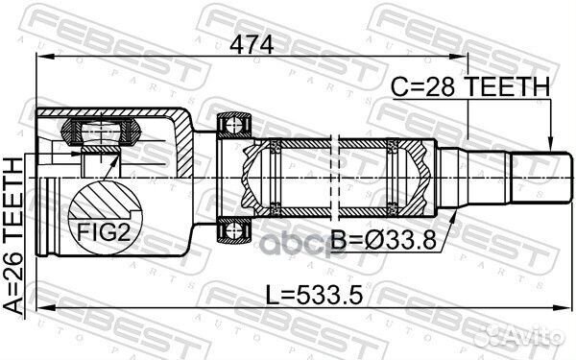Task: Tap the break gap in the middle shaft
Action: click(335, 178)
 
